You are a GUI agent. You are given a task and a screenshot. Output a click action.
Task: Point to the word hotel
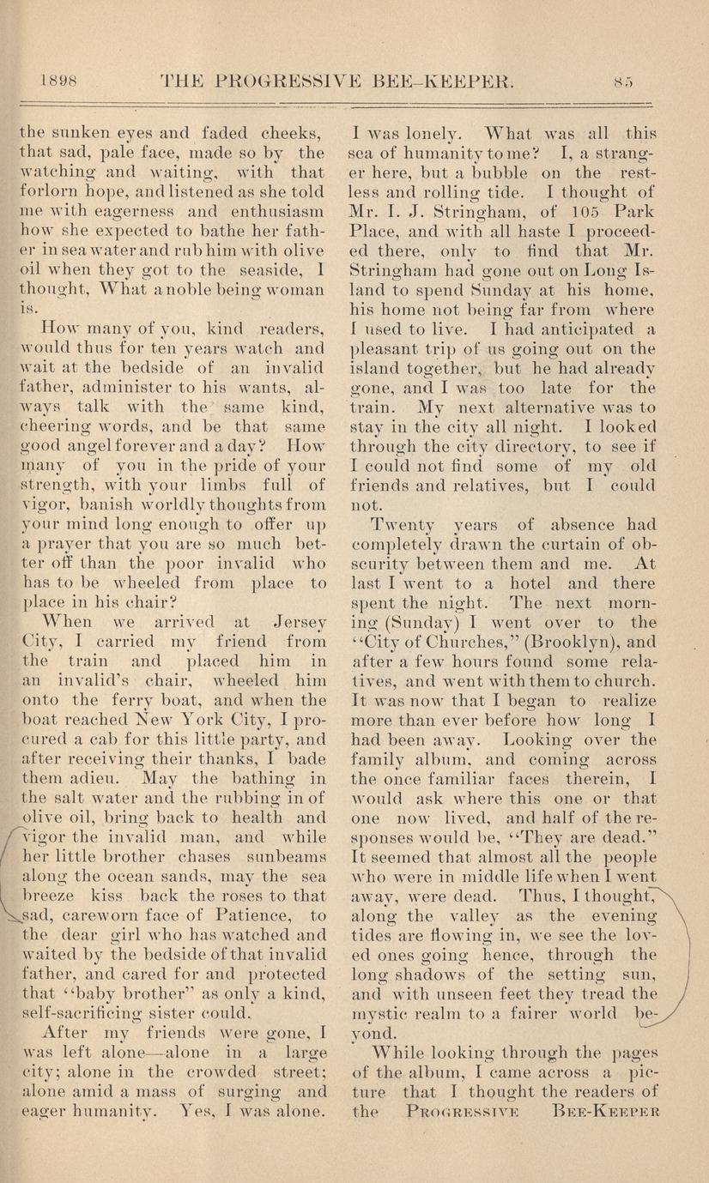pos(522,583)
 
